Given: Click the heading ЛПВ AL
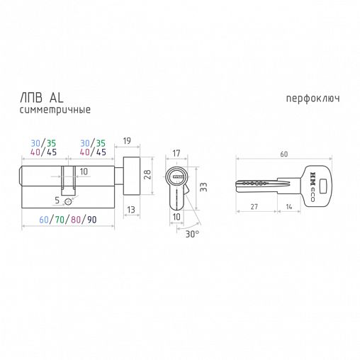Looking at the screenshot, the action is click(x=42, y=98).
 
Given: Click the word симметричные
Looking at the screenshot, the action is click(x=55, y=110).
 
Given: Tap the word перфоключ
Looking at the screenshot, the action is click(x=313, y=99).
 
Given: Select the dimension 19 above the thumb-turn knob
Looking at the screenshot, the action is click(x=127, y=141).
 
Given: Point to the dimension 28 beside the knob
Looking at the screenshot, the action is click(x=147, y=174).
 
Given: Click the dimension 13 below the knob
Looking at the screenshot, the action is click(x=131, y=210).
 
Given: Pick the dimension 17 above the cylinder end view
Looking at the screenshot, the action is click(x=176, y=153).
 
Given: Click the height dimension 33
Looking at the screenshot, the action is click(x=203, y=187).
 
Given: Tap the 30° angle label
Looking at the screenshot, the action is click(x=192, y=234).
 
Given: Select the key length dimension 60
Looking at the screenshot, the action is click(x=284, y=154).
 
